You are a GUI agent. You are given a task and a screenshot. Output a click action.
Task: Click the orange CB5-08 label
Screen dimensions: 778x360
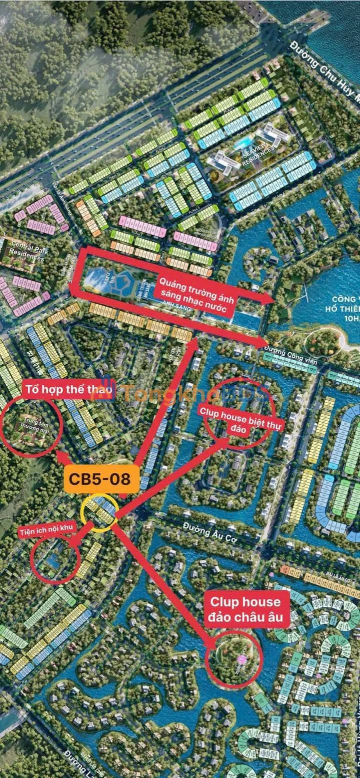pos(99,478)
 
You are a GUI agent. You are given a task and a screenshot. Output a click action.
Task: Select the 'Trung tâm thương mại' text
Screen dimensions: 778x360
pos(30,423)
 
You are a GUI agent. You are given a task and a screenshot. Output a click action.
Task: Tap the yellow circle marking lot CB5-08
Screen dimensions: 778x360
pos(100,512)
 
